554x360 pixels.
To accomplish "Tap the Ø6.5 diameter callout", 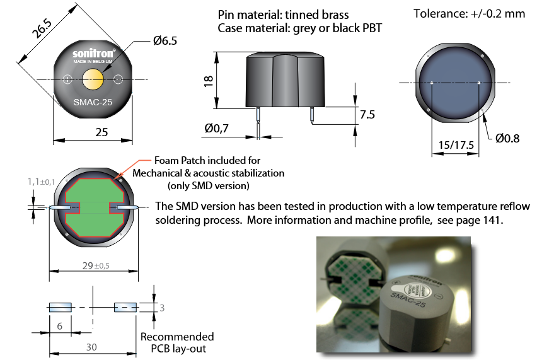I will click(x=164, y=41).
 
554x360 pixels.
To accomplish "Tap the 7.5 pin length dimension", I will click(x=367, y=115).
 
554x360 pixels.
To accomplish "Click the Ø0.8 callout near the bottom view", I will click(x=507, y=138).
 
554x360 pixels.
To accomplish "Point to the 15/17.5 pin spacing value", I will click(x=454, y=145).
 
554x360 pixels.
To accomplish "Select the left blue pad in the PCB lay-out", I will click(x=61, y=307).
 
